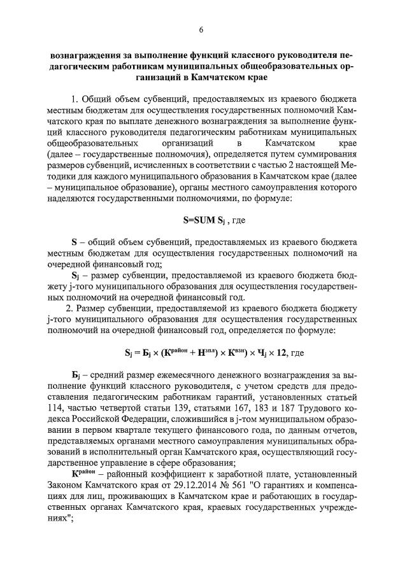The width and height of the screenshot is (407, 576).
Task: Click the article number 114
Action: click(x=58, y=410)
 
